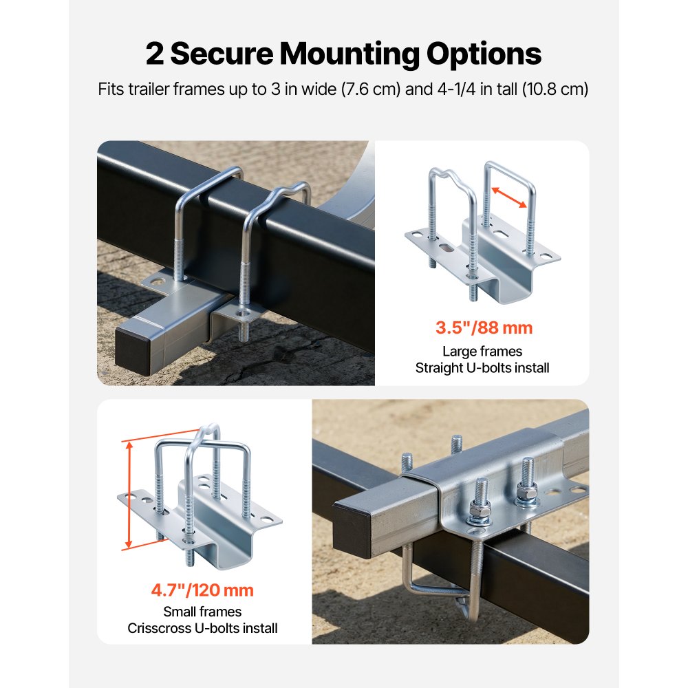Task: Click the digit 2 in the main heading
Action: pos(155,54)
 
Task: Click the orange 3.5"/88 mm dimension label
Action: pos(484,327)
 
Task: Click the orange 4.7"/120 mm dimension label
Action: pos(202,590)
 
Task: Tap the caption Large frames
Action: pos(482,352)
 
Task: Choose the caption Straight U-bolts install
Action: pos(482,368)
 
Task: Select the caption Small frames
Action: pos(202,611)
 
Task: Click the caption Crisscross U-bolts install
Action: pos(202,627)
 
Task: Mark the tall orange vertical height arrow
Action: pos(128,495)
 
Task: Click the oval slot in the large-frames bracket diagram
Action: pos(445,246)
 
